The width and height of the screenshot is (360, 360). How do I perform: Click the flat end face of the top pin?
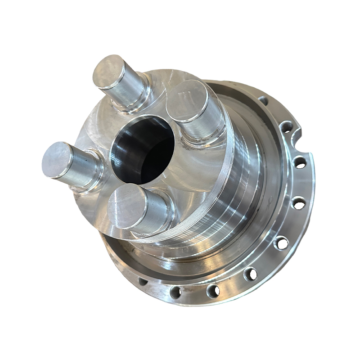pyautogui.click(x=109, y=72)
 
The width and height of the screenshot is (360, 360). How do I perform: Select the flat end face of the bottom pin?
pyautogui.click(x=126, y=206)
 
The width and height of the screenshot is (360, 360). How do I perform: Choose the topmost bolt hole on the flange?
pyautogui.click(x=262, y=100)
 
